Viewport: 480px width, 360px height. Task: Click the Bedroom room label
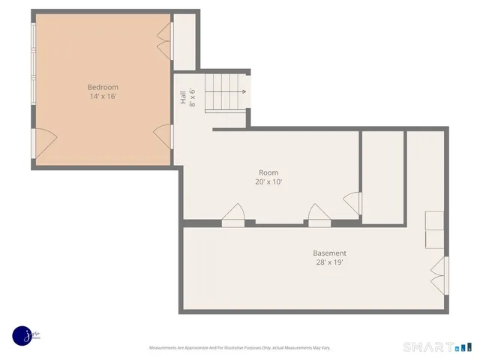[x=103, y=88]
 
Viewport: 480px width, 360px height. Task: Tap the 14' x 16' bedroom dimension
[x=103, y=97]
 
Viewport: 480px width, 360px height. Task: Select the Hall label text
[x=182, y=97]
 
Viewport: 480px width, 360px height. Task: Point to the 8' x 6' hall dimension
[x=192, y=97]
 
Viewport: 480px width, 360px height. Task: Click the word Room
[x=268, y=172]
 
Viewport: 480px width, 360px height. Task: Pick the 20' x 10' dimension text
[x=268, y=181]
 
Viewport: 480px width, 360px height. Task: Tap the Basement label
[x=330, y=253]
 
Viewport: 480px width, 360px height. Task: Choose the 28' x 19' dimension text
[x=330, y=262]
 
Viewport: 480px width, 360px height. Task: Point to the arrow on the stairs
[x=241, y=91]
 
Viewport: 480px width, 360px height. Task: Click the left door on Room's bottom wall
[x=233, y=214]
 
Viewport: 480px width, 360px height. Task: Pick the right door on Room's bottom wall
[x=319, y=214]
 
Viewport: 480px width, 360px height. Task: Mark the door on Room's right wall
[x=352, y=202]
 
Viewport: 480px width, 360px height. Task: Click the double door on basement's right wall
[x=439, y=276]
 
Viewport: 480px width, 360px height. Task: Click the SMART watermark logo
[x=439, y=347]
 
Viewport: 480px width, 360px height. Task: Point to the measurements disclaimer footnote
[x=240, y=348]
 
